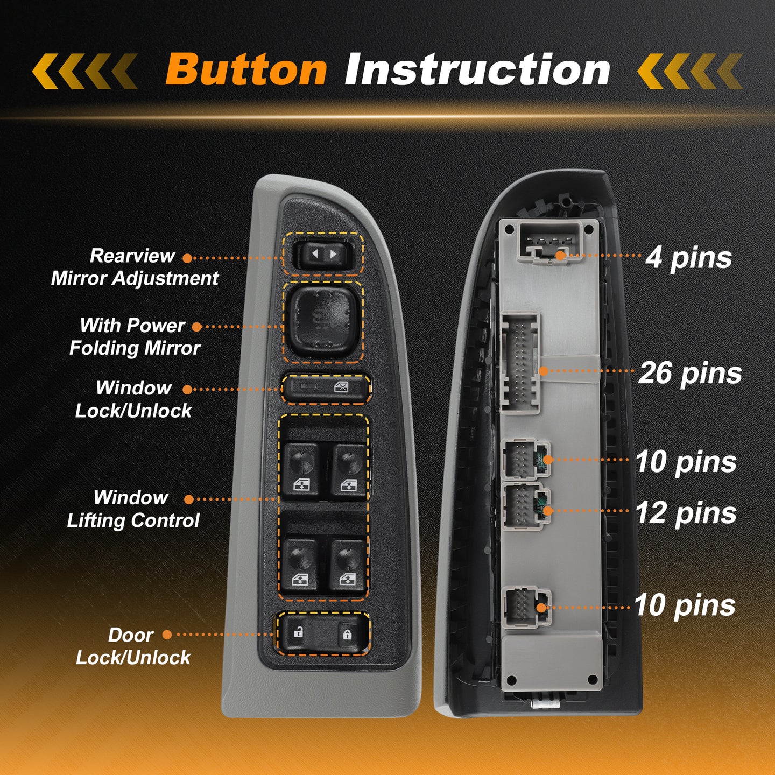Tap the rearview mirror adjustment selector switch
324,254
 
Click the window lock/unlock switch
326,388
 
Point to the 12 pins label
686,513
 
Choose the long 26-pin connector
520,363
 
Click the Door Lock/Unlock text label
133,646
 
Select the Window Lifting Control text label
133,509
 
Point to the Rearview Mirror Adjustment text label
135,266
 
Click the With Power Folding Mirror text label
135,336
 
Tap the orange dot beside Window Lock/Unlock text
187,389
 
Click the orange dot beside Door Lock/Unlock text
167,635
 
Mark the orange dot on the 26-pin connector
544,371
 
